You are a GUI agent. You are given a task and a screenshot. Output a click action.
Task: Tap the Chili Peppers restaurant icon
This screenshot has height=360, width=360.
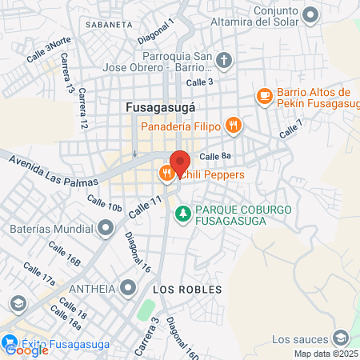click(x=166, y=172)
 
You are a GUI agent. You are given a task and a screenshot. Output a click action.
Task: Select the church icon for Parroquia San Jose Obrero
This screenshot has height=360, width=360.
click(x=225, y=60)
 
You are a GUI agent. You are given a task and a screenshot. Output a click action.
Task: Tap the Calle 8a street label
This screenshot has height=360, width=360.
click(x=215, y=157)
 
